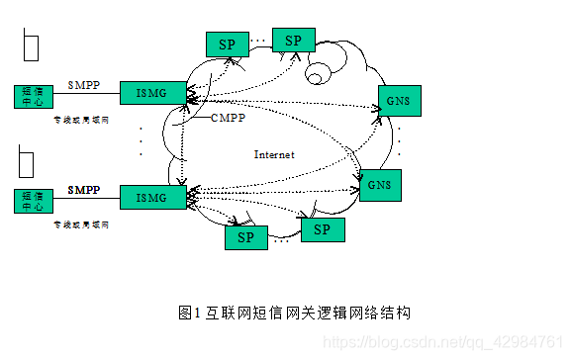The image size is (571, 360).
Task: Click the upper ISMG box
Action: (x=152, y=93)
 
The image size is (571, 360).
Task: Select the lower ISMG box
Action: (x=152, y=196)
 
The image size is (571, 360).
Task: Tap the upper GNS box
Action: (x=399, y=100)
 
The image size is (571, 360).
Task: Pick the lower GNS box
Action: (x=380, y=185)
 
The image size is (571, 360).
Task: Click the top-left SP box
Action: (x=227, y=44)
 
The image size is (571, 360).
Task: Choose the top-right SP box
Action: (x=292, y=40)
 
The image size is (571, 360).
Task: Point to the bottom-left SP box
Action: (x=245, y=237)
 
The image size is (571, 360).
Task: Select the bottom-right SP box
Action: (x=322, y=229)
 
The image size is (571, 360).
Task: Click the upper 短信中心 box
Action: (x=30, y=95)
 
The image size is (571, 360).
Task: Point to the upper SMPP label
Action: (x=84, y=84)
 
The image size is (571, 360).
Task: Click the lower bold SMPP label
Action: (x=84, y=188)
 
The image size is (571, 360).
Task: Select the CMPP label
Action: (x=228, y=118)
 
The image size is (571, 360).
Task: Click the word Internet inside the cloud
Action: (x=274, y=154)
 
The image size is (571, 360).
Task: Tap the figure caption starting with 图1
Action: (x=294, y=312)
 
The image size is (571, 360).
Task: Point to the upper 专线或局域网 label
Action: (x=81, y=119)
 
